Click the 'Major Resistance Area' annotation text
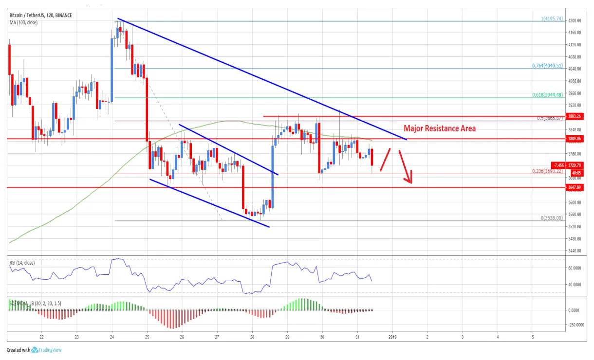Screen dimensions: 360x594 coord(440,128)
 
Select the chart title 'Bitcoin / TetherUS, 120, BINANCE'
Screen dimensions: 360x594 coord(41,16)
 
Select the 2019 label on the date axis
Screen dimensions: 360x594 coord(392,337)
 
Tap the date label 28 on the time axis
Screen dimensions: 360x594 coord(252,337)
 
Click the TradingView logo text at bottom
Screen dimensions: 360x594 coord(50,350)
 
